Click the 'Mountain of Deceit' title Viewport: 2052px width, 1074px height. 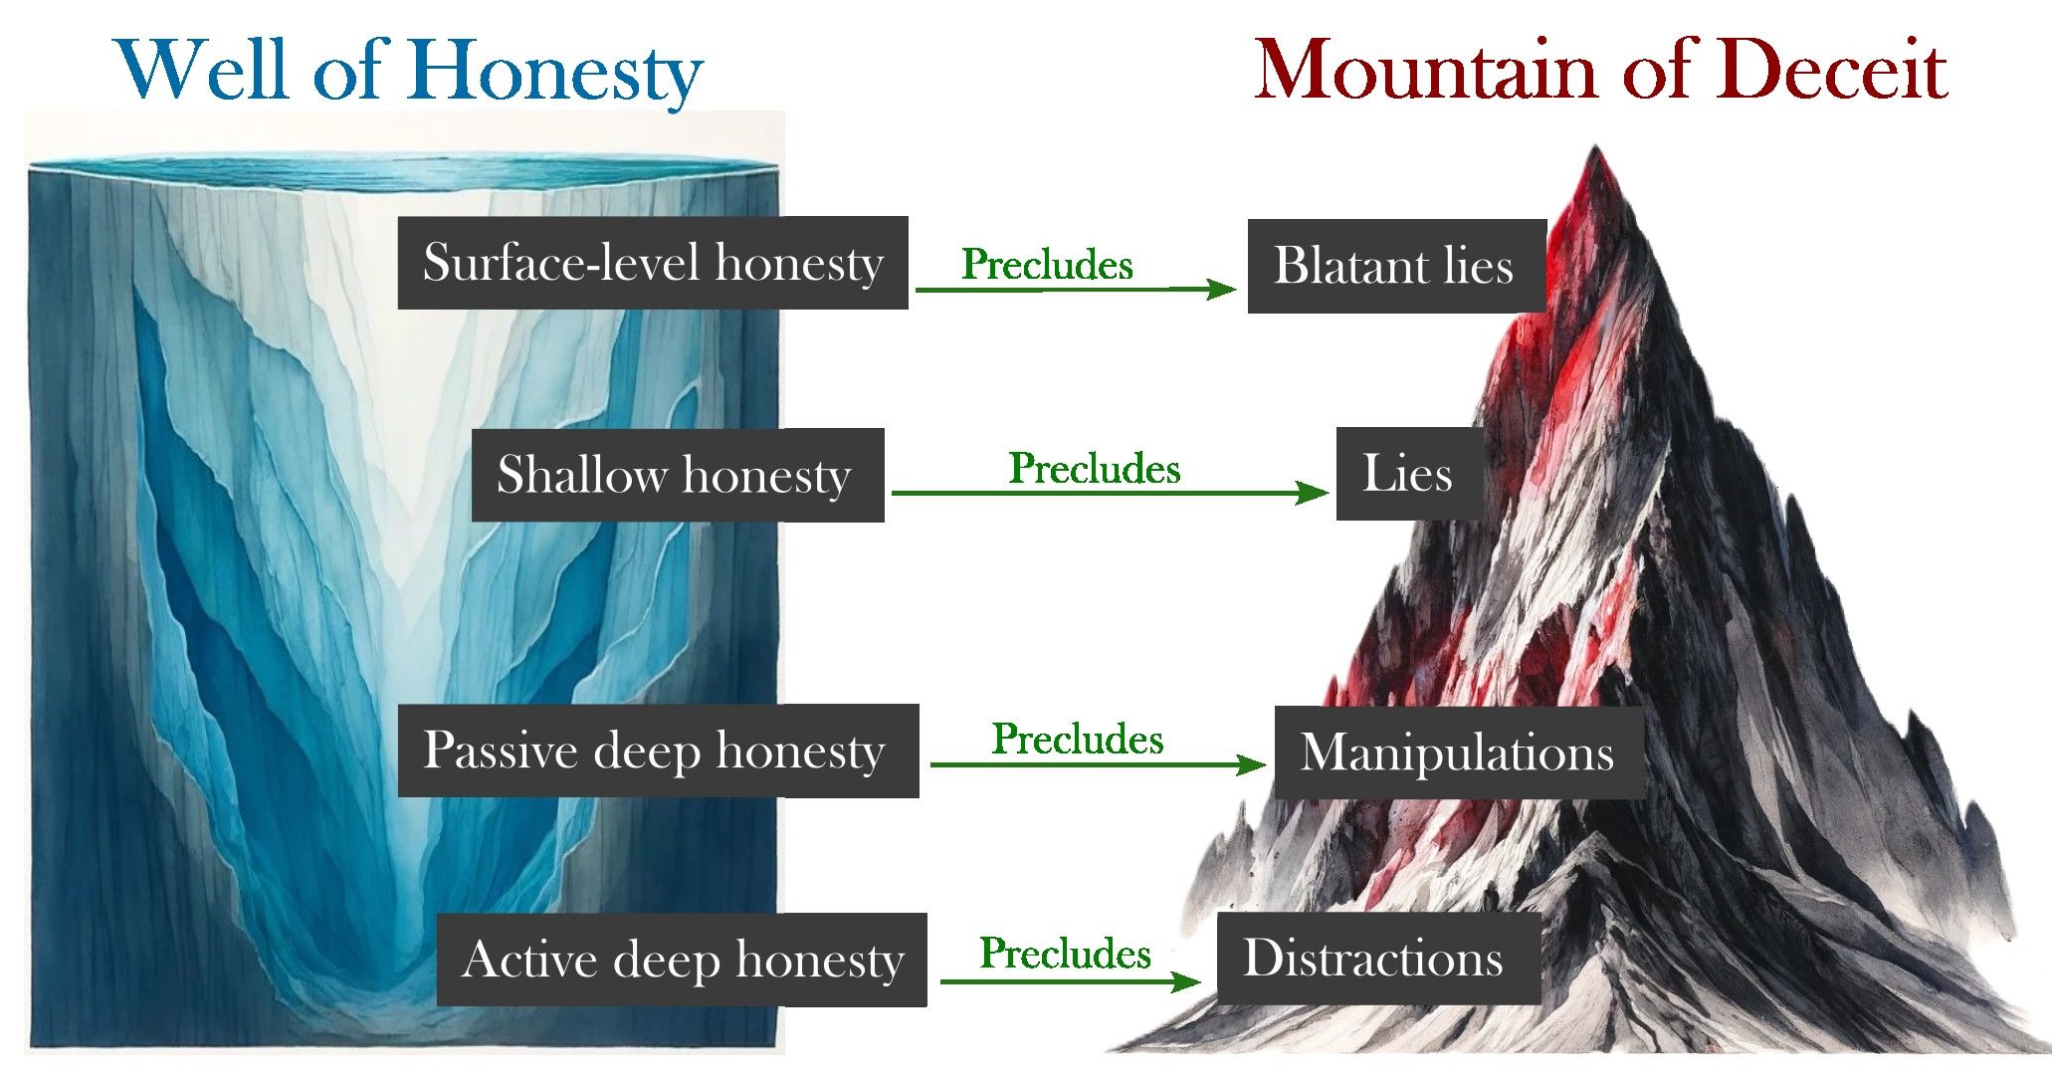[x=1599, y=70]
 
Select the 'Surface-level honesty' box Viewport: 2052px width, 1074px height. [x=653, y=263]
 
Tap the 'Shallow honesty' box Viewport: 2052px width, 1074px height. [x=678, y=475]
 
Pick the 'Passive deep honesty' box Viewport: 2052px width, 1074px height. [x=658, y=751]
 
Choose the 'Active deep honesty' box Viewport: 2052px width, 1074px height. [x=682, y=960]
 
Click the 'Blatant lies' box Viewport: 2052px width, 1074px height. [x=1396, y=266]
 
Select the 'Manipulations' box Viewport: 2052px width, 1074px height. [x=1458, y=752]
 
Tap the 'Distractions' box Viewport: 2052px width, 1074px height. [x=1377, y=959]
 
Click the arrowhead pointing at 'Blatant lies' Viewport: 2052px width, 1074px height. [x=1222, y=290]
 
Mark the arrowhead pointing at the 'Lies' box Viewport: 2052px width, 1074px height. [x=1313, y=493]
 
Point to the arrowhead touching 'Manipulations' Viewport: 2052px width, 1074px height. [x=1251, y=764]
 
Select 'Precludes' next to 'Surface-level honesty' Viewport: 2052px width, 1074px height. [x=1047, y=265]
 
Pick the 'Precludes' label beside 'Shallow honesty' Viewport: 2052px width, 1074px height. [x=1095, y=469]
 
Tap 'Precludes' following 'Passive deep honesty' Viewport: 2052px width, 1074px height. [x=1078, y=740]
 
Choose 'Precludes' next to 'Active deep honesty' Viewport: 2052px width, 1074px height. [x=1065, y=954]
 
